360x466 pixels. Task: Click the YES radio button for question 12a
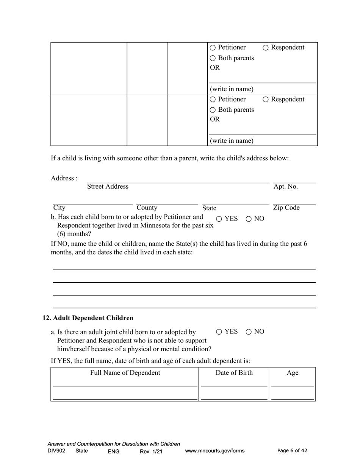click(219, 332)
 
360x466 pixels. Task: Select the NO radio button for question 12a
click(249, 332)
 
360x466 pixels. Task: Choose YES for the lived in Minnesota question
click(219, 219)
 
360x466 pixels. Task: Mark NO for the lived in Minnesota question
click(249, 219)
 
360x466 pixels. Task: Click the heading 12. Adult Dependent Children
click(88, 318)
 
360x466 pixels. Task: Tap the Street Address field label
click(108, 186)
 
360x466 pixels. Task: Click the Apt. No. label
click(285, 186)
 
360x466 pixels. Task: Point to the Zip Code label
click(286, 208)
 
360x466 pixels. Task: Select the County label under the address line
click(147, 208)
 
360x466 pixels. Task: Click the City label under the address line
click(59, 208)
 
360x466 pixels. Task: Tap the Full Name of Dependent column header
click(125, 373)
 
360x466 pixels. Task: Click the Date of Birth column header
click(234, 373)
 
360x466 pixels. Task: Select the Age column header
click(292, 373)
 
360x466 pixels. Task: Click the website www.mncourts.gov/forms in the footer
click(214, 451)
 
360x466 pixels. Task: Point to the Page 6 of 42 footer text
click(292, 451)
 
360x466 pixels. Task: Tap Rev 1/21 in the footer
click(151, 451)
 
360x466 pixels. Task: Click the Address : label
click(64, 178)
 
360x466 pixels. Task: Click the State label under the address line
click(209, 208)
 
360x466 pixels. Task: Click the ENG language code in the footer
click(113, 451)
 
